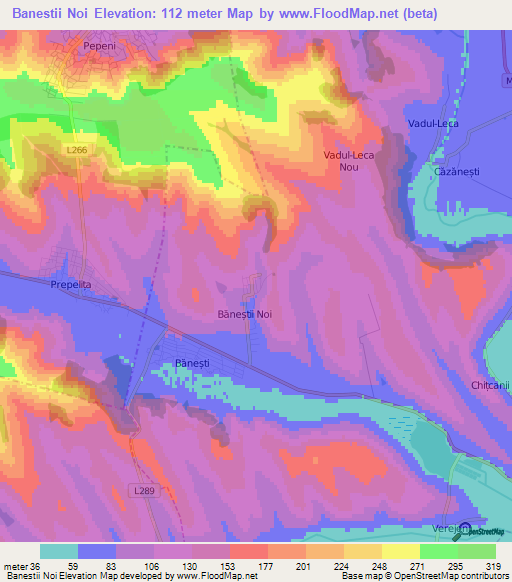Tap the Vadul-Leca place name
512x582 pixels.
pyautogui.click(x=432, y=123)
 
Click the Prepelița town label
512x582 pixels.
pyautogui.click(x=70, y=285)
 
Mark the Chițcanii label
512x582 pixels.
pyautogui.click(x=490, y=384)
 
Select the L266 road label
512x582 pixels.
pyautogui.click(x=76, y=151)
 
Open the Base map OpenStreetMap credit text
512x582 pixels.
pyautogui.click(x=424, y=576)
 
